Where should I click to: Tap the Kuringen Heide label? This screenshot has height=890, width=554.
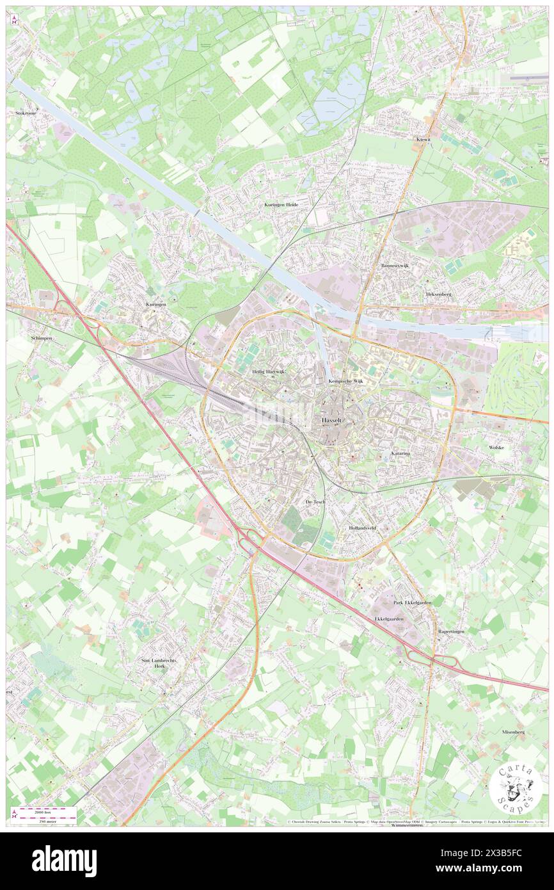point(281,204)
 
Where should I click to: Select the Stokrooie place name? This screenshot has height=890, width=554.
point(26,112)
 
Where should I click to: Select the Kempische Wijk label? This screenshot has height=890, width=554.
point(345,381)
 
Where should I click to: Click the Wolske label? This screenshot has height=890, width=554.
point(496,447)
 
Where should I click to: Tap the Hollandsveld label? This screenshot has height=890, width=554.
point(362,528)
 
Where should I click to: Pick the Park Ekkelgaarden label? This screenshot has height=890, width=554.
point(412,603)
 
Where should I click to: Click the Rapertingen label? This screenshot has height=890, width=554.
point(451,631)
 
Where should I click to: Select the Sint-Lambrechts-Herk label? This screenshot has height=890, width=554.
point(159,663)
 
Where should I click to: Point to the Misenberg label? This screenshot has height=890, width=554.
point(513,731)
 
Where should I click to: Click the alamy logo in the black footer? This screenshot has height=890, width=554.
point(64,861)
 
